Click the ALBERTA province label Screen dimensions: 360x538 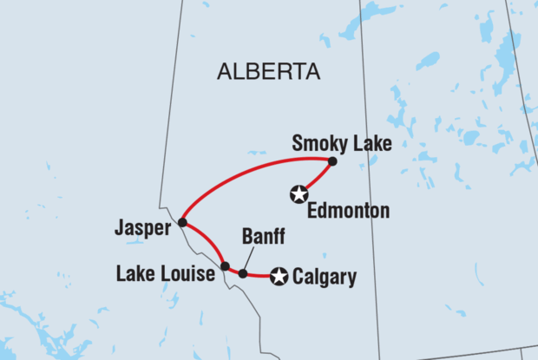268,72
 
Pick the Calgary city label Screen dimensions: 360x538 325,278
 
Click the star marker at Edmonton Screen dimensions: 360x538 299,194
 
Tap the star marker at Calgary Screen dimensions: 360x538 279,277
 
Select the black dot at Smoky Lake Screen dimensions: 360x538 332,160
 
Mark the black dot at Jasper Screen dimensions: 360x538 183,223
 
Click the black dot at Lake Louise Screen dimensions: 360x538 225,266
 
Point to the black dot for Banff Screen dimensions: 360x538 243,274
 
